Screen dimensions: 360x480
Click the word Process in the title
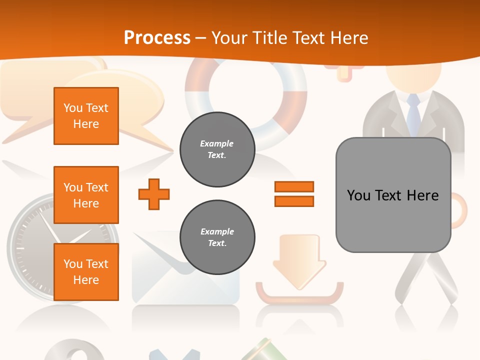tap(157, 38)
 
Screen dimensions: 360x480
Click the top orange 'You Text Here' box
tap(86, 116)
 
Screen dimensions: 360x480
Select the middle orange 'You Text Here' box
tap(86, 195)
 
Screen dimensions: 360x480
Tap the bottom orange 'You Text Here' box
tap(86, 272)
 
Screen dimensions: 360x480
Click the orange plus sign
tap(154, 194)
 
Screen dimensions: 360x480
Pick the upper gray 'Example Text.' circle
tap(217, 149)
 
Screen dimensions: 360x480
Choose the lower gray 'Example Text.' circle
tap(217, 237)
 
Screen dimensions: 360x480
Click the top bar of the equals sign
tap(294, 186)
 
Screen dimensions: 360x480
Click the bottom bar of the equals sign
tap(294, 201)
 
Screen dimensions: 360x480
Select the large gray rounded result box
tap(393, 195)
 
